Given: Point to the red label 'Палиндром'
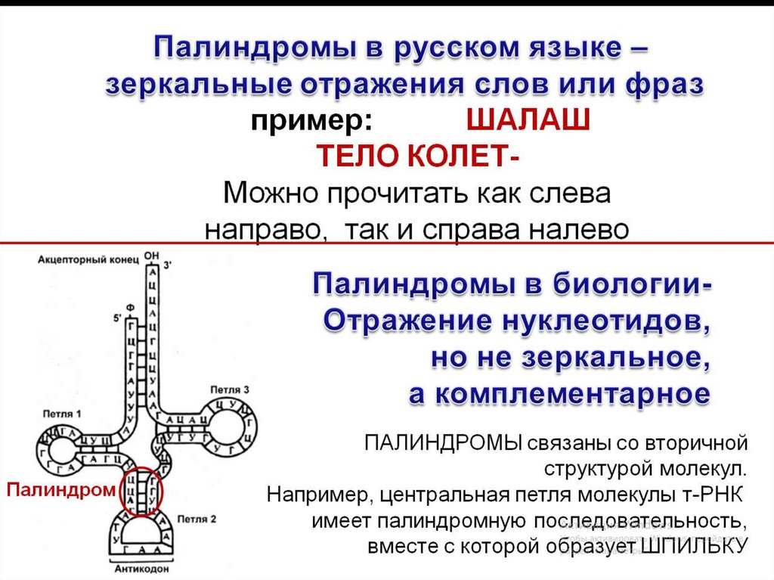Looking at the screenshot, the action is [61, 489].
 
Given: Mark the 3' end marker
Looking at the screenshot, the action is [168, 265].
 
